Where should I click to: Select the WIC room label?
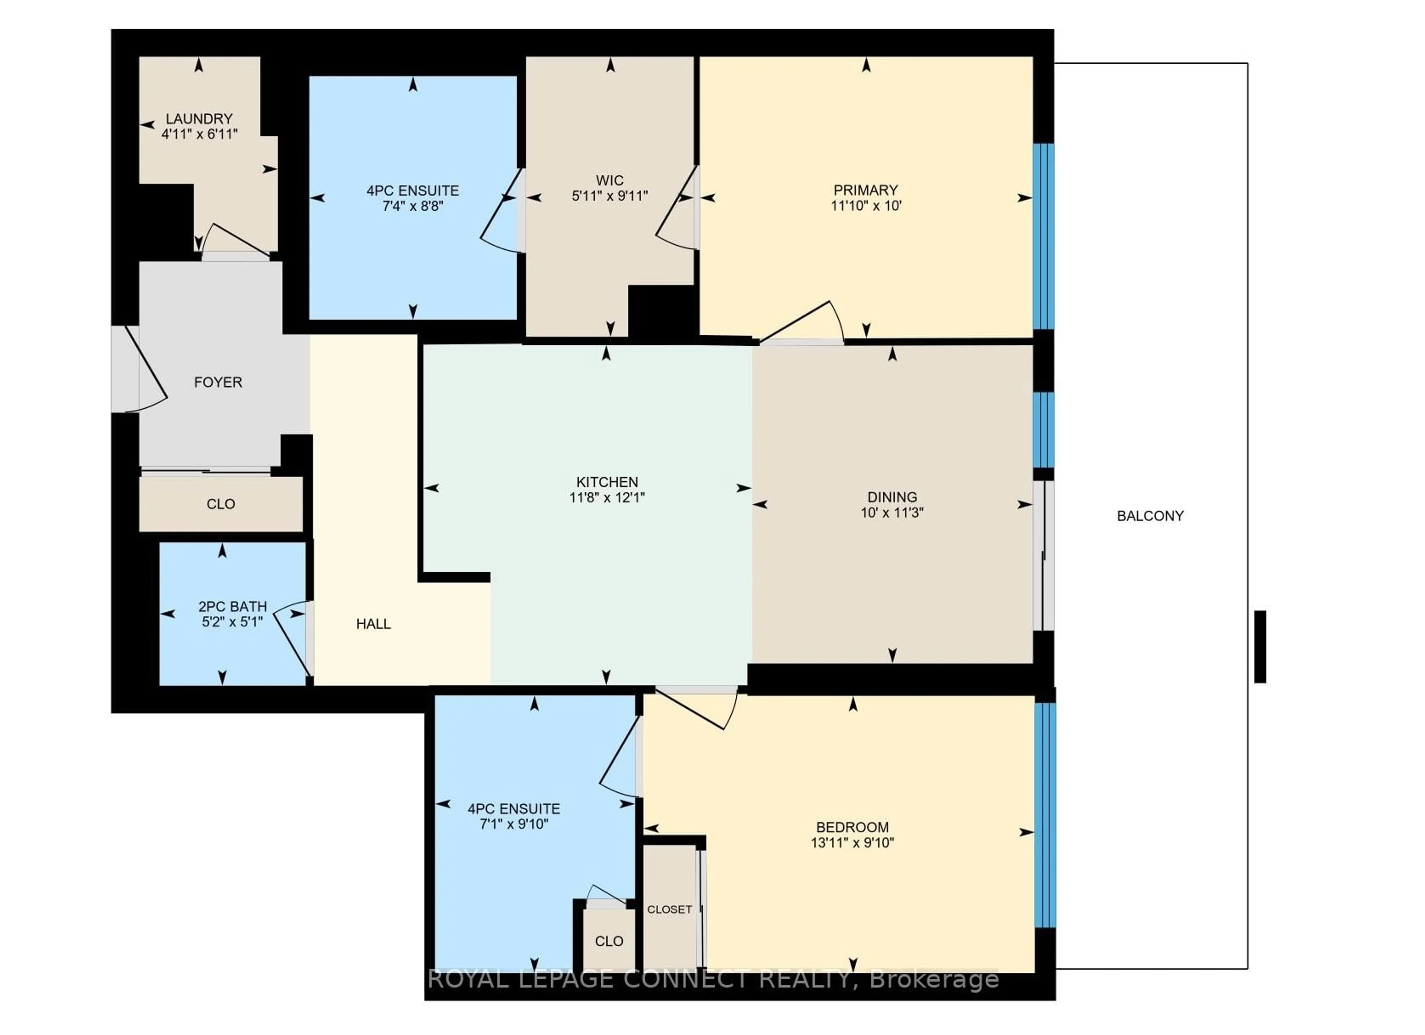(x=609, y=180)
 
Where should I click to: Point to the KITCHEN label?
(x=607, y=482)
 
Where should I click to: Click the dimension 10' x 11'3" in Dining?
(x=892, y=512)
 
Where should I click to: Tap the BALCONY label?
(x=1150, y=516)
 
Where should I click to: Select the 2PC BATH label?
(x=232, y=606)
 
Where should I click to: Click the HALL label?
(x=373, y=624)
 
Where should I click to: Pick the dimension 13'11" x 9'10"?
(x=852, y=843)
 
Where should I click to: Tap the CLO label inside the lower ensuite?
(x=609, y=941)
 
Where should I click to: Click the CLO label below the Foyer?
(x=220, y=504)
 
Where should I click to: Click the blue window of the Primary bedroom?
(x=1043, y=236)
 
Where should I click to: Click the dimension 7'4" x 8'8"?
(x=413, y=206)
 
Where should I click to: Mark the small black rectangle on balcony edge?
(x=1260, y=646)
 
